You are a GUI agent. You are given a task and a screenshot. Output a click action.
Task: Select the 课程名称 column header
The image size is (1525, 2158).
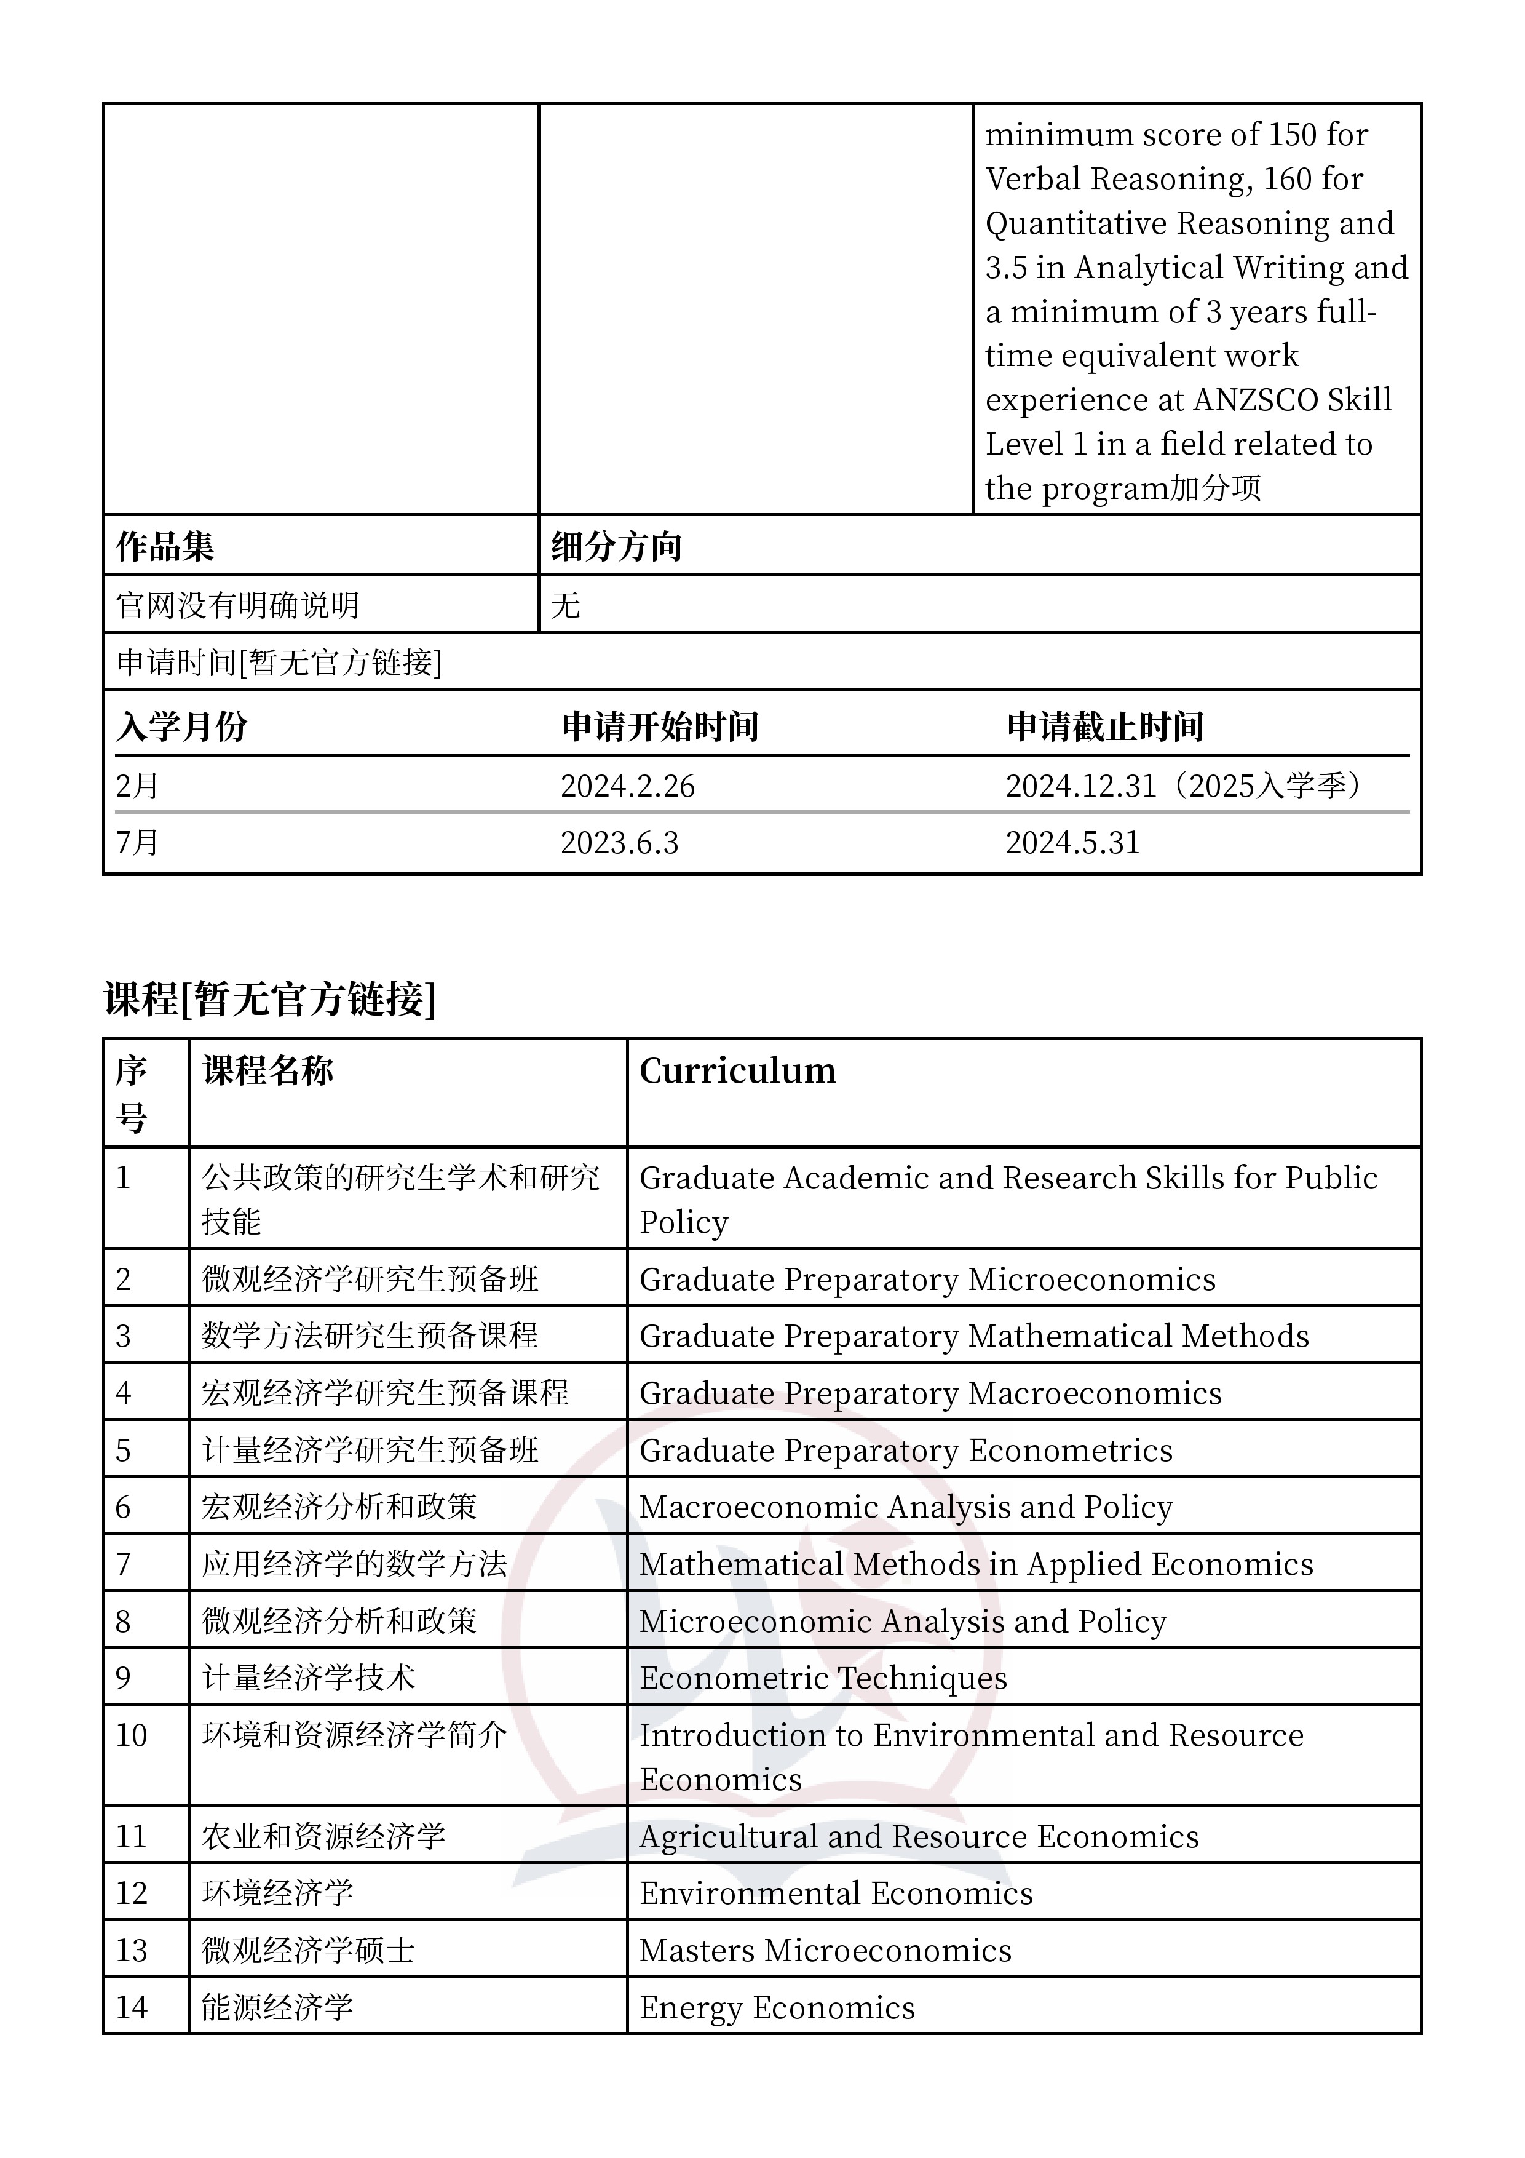pos(267,1070)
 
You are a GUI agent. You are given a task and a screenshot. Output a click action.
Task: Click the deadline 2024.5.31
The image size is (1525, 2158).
pos(1072,842)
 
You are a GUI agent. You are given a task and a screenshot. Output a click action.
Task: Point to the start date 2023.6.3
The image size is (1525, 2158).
pos(619,842)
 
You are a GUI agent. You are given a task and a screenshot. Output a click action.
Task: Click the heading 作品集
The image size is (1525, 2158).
pos(165,546)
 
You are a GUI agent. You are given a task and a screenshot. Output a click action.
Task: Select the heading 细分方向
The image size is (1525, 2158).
pos(616,546)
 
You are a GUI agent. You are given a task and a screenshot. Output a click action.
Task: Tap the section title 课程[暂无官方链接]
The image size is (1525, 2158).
pos(270,998)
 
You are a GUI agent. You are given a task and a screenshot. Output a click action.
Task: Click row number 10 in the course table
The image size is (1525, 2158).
pos(132,1735)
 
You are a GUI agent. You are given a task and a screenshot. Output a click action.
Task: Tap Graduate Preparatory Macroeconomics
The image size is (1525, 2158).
pos(930,1393)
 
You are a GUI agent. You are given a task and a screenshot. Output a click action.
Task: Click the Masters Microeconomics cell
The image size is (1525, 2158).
pos(825,1950)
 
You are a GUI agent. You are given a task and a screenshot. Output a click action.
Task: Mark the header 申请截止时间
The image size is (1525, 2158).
pos(1105,727)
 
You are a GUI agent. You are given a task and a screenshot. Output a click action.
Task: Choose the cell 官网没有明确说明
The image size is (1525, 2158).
pos(239,604)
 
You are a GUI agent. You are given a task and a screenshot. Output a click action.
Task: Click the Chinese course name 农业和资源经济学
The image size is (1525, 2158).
pos(323,1836)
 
